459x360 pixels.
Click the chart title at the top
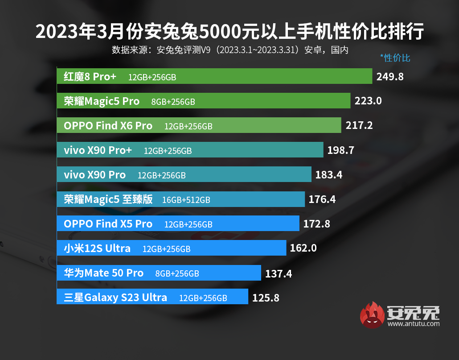pyautogui.click(x=229, y=32)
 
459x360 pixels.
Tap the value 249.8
pyautogui.click(x=390, y=76)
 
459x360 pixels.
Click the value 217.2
pyautogui.click(x=359, y=125)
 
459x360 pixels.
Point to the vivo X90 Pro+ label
pyautogui.click(x=98, y=150)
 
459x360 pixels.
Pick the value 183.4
pyautogui.click(x=328, y=174)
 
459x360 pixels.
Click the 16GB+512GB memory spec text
pyautogui.click(x=186, y=200)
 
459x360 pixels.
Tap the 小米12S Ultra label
pyautogui.click(x=97, y=248)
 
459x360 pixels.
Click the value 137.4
pyautogui.click(x=279, y=273)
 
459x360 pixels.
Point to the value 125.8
pyautogui.click(x=266, y=298)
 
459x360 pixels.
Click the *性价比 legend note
pyautogui.click(x=395, y=58)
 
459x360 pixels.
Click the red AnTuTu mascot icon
pyautogui.click(x=372, y=315)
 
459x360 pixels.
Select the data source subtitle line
pyautogui.click(x=229, y=50)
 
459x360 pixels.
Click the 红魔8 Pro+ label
pyautogui.click(x=90, y=76)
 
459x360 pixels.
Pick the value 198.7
pyautogui.click(x=340, y=150)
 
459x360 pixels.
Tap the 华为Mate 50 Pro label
pyautogui.click(x=104, y=273)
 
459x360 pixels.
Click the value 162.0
pyautogui.click(x=303, y=248)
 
